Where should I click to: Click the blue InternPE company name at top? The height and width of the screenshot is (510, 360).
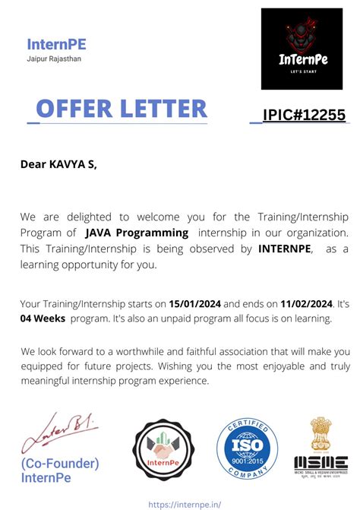56,44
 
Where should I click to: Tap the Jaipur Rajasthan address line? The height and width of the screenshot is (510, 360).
54,59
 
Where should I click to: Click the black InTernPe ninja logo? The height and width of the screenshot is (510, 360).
302,49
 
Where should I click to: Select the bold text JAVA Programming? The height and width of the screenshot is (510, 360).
137,233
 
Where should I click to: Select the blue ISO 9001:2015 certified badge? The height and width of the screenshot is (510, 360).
248,449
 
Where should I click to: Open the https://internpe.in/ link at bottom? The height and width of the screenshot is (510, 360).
179,503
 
